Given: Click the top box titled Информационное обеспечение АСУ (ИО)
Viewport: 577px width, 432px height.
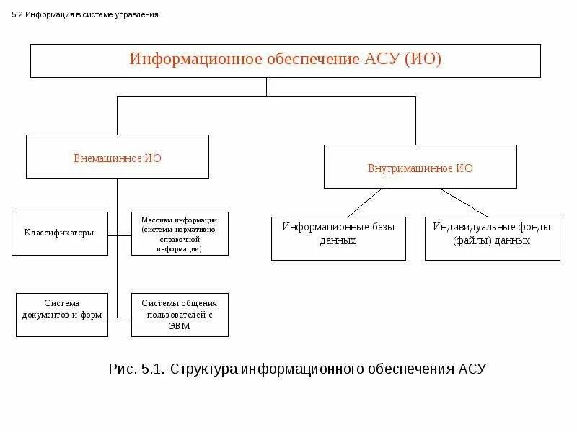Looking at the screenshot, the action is [285, 60].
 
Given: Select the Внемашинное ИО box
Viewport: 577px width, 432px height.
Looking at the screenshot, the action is [118, 156].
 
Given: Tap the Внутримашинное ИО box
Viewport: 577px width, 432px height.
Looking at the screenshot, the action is [420, 167].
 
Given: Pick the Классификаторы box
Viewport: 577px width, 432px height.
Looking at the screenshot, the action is [59, 233].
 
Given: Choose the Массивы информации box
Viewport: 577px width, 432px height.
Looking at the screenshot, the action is [180, 233].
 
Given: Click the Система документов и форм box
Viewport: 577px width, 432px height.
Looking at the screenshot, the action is [61, 315].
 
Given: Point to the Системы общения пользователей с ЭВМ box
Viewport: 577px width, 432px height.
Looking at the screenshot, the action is [180, 315].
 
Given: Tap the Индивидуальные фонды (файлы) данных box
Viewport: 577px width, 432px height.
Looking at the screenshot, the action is [492, 238].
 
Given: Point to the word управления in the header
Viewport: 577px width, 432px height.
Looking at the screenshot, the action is [136, 14].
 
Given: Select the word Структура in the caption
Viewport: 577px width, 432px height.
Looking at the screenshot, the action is [203, 369].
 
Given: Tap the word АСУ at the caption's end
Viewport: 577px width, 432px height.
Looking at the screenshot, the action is [472, 369].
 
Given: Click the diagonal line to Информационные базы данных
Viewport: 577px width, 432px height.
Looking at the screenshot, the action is [365, 202].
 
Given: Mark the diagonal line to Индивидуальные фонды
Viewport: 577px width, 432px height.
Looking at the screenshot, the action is [464, 202].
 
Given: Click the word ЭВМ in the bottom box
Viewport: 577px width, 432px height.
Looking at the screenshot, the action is [180, 326].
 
